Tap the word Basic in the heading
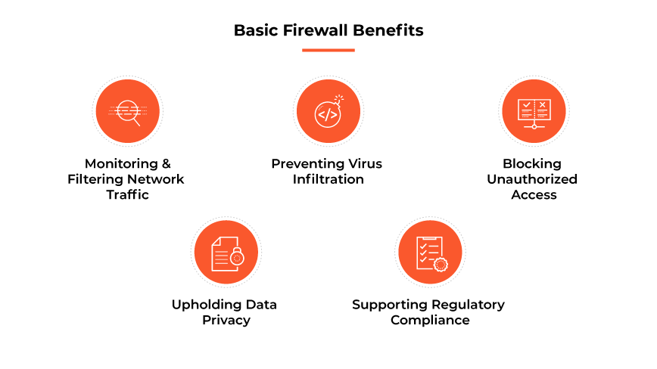[x=255, y=31]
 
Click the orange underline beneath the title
[x=328, y=50]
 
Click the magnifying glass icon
[x=127, y=111]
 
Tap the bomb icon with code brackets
[x=328, y=112]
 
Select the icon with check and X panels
[x=534, y=111]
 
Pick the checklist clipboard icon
[x=430, y=253]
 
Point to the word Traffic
[x=127, y=194]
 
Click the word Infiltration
[x=328, y=179]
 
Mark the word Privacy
[x=226, y=320]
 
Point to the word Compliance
[x=430, y=320]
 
